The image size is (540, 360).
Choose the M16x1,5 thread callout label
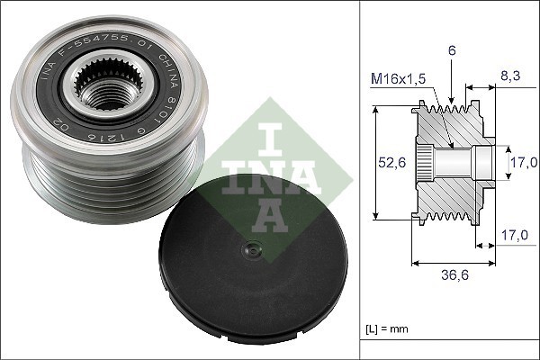399,79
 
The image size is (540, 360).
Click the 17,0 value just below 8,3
525,162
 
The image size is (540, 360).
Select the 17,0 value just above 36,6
514,236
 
